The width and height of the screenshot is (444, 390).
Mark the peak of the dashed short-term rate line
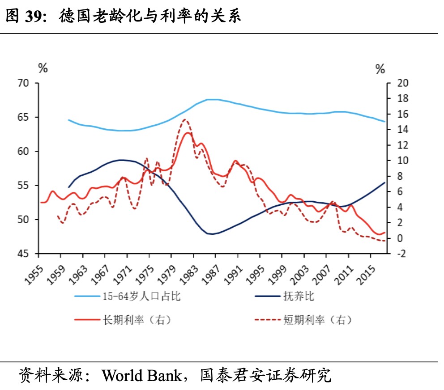pos(185,119)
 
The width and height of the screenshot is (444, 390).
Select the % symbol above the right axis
pos(380,69)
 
